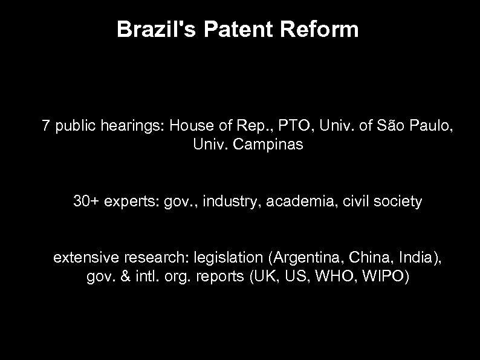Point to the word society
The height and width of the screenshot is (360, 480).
(400, 201)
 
